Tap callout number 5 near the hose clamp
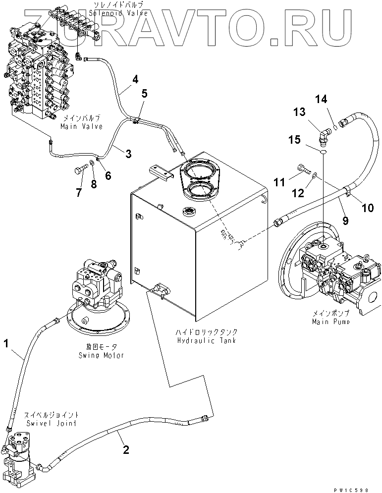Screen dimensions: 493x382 (145, 93)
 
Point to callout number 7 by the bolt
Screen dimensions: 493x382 (78, 193)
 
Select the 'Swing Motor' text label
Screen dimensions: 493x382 (101, 355)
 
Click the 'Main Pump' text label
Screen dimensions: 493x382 (331, 322)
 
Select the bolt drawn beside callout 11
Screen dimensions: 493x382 (304, 170)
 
